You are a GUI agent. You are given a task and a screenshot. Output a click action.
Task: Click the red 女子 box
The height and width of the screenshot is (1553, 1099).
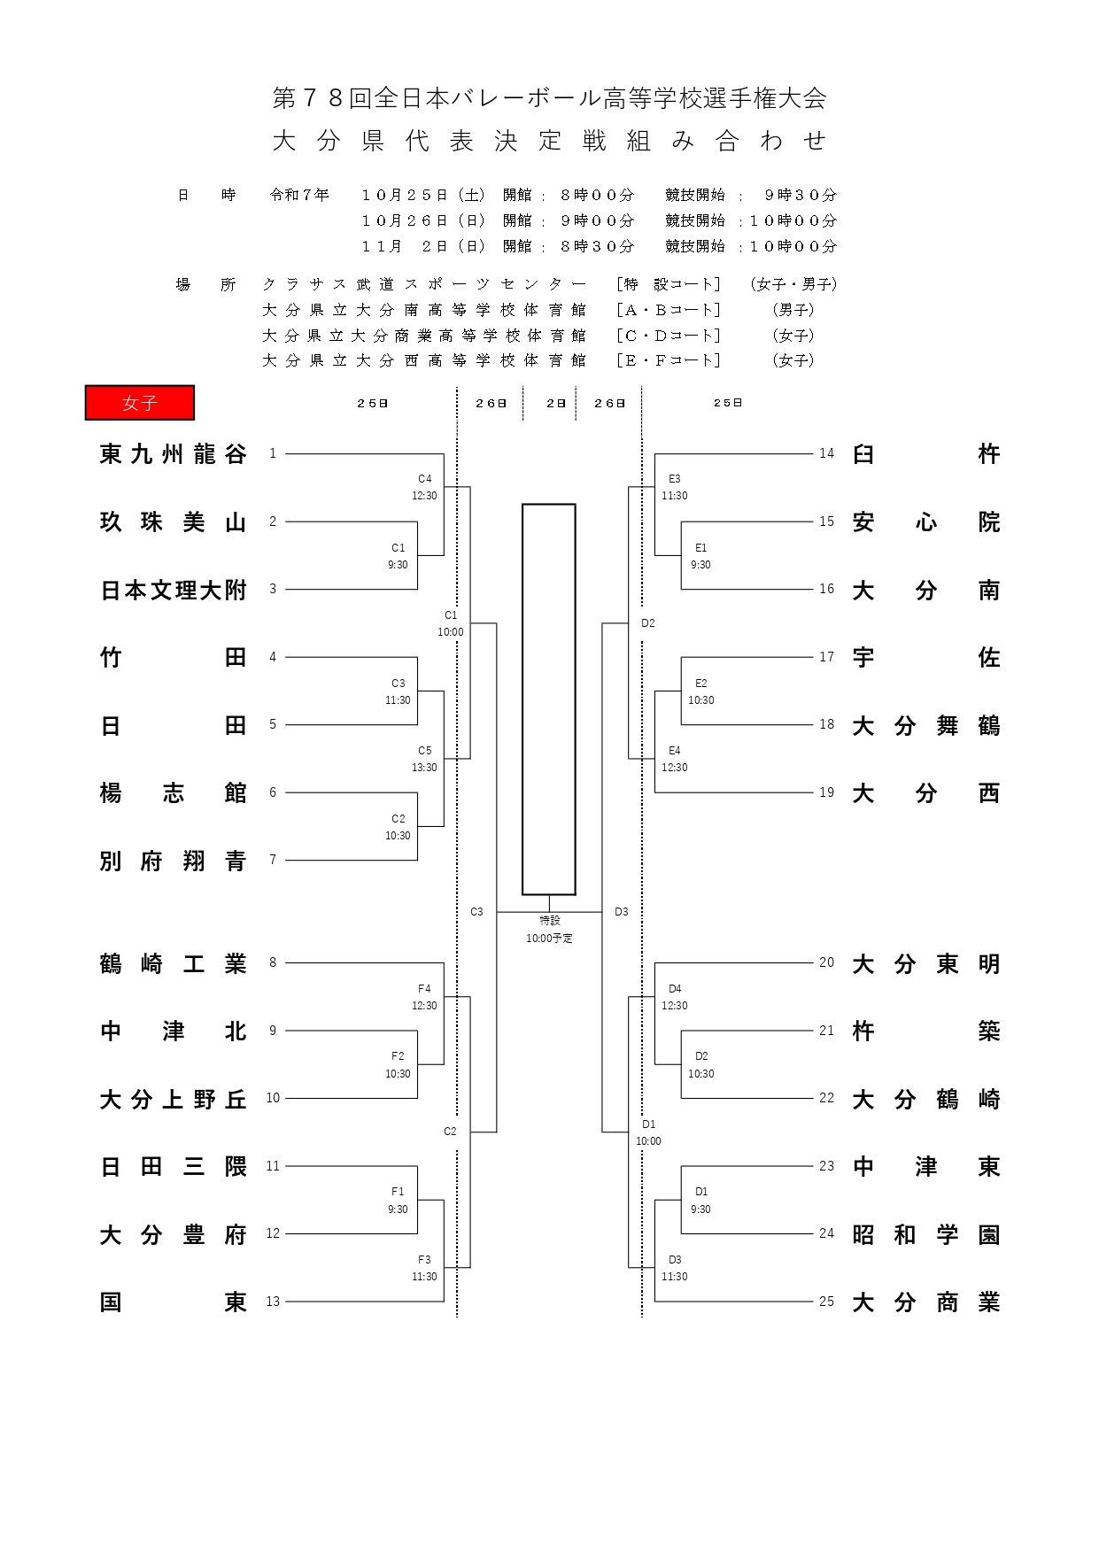click(x=140, y=403)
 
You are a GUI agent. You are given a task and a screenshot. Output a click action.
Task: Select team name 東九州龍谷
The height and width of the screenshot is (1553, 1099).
click(x=173, y=454)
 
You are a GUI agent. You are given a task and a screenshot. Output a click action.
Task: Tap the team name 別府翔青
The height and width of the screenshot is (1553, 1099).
click(x=173, y=861)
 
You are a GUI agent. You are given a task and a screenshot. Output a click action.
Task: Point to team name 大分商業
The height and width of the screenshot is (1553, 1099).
click(x=925, y=1302)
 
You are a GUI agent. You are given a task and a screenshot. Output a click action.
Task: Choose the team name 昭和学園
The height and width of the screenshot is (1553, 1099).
click(x=925, y=1234)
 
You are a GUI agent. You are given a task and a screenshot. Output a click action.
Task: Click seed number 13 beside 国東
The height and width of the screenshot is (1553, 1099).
click(x=273, y=1302)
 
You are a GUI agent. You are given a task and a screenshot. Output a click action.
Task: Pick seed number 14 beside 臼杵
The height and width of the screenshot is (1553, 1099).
click(x=826, y=453)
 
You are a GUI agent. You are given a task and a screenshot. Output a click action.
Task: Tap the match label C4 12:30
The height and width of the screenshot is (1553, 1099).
click(x=424, y=487)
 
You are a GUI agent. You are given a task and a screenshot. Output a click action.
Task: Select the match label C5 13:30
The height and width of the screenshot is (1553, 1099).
click(x=424, y=759)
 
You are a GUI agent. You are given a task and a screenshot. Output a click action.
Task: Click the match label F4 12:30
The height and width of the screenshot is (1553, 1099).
click(x=424, y=997)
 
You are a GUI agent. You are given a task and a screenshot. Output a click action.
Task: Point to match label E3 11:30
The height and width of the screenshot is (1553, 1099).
click(x=674, y=487)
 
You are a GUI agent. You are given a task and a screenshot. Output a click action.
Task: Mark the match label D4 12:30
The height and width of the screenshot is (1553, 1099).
click(x=674, y=997)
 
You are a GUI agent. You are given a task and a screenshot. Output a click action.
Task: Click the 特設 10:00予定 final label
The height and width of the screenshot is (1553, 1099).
click(x=549, y=930)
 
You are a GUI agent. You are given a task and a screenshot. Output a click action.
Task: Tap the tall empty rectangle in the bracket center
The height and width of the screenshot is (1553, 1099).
click(x=548, y=699)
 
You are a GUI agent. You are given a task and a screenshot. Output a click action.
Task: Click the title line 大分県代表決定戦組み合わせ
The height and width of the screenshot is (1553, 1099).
click(x=549, y=141)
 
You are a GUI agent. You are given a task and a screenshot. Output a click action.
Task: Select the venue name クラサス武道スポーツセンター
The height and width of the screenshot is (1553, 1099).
click(x=424, y=284)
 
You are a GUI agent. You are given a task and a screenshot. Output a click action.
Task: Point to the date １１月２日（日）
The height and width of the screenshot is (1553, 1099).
click(x=423, y=246)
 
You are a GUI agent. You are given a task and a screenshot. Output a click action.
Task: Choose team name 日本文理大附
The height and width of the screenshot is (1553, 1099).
click(x=173, y=590)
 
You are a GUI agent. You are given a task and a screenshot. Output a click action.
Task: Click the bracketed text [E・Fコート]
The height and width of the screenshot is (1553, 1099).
click(x=669, y=360)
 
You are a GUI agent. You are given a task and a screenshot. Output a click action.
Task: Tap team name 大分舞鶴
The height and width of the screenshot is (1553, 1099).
click(x=925, y=726)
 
